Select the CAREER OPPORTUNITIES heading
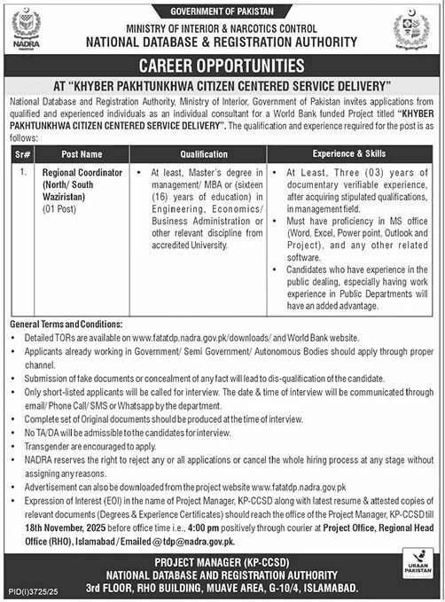point(222,66)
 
